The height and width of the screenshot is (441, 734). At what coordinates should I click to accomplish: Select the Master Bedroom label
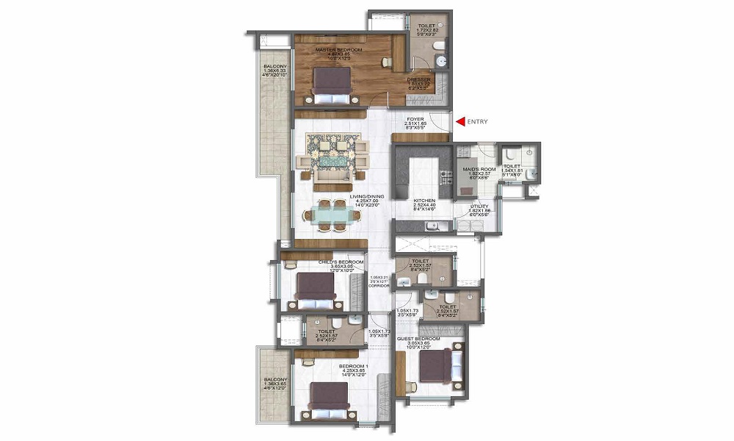click(x=330, y=50)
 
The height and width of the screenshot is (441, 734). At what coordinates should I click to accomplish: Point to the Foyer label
click(x=415, y=118)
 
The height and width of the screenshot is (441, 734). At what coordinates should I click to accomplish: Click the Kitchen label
click(x=424, y=200)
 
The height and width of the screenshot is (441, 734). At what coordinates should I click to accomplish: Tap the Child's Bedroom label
click(x=341, y=261)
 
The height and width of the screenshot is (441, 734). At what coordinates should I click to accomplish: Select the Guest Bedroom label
click(x=418, y=340)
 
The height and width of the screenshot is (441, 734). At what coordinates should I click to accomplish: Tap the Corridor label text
click(x=379, y=285)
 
